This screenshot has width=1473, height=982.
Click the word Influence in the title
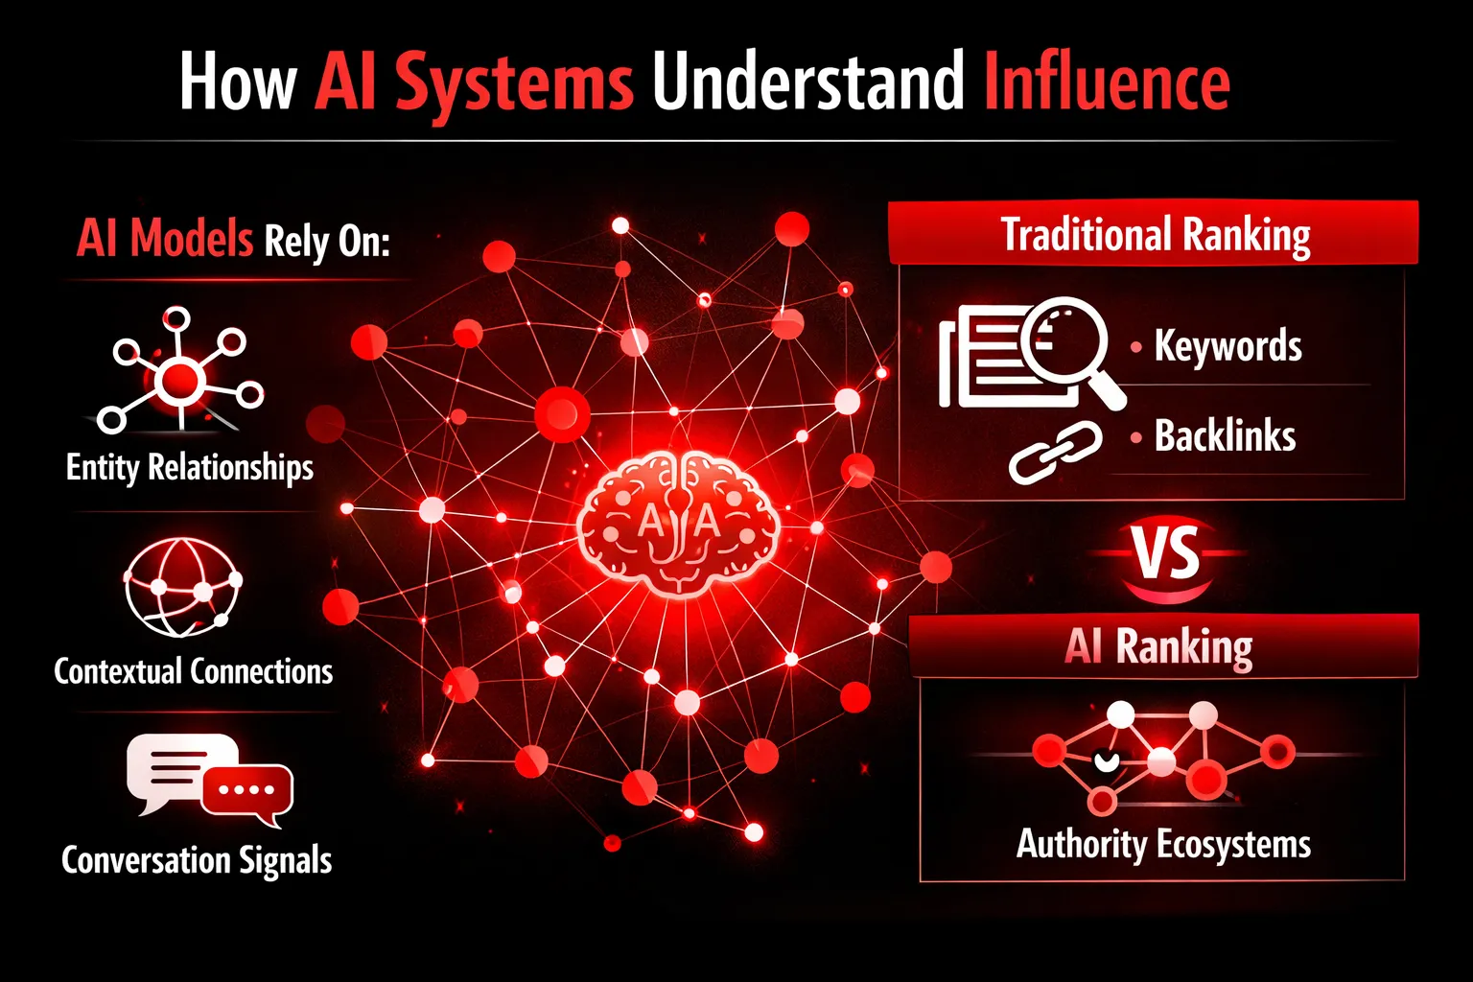[1107, 82]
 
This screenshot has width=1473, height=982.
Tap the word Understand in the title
[808, 82]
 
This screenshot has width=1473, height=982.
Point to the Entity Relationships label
[190, 468]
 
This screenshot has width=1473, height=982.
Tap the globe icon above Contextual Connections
[182, 587]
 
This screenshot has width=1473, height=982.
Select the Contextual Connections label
[194, 671]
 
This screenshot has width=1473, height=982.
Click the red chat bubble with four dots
[248, 792]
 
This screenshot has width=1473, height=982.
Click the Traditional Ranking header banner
[1154, 231]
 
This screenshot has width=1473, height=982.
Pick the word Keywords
[1227, 345]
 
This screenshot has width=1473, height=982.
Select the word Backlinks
[1225, 436]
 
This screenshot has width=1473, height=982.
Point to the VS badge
[1165, 554]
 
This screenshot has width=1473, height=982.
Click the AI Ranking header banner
[1163, 646]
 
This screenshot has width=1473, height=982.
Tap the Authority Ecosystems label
[1163, 845]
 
